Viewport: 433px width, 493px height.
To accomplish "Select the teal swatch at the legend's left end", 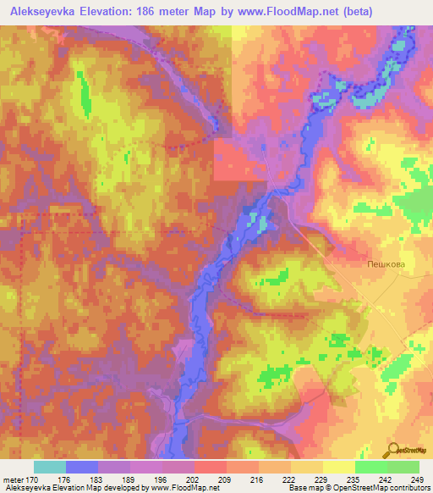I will point(49,467).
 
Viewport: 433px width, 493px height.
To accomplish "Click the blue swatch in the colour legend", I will point(81,467).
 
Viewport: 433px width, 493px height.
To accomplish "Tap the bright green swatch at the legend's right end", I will point(403,467).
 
